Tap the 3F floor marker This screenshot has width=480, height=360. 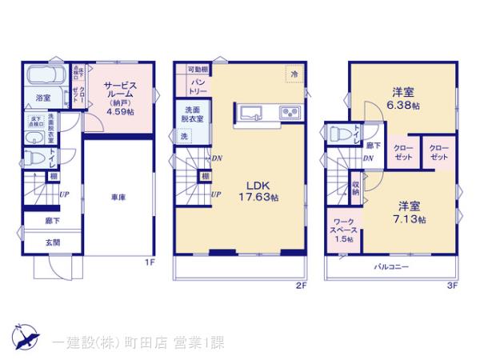pyautogui.click(x=452, y=285)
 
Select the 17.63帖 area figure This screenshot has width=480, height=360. pyautogui.click(x=258, y=197)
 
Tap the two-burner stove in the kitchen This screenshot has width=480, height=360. pyautogui.click(x=289, y=111)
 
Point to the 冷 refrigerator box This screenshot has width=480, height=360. pyautogui.click(x=294, y=74)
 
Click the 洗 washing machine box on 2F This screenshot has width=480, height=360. pyautogui.click(x=184, y=137)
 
